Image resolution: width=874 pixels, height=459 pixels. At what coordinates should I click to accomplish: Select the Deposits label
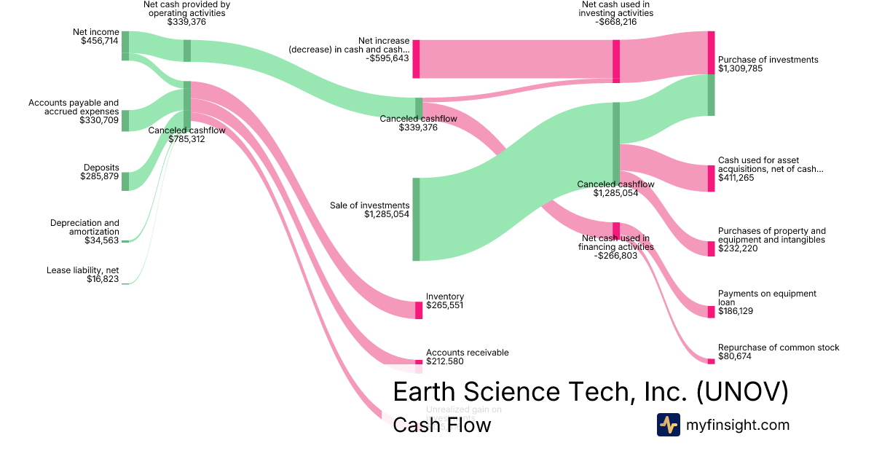click(x=101, y=168)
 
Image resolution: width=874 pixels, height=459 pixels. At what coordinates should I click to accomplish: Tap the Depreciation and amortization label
click(x=84, y=227)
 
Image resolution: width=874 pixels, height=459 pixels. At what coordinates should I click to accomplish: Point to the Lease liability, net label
click(x=83, y=270)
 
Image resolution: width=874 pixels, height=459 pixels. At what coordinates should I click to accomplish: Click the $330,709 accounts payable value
click(x=100, y=120)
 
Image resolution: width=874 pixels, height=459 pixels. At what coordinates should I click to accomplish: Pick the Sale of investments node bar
click(x=417, y=219)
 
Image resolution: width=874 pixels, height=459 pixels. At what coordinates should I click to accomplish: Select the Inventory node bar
click(x=419, y=310)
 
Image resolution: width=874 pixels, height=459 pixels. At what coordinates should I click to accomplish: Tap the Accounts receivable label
click(x=467, y=353)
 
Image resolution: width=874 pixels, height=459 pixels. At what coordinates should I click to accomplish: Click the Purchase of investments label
click(x=768, y=60)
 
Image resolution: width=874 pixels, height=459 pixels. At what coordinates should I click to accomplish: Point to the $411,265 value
click(x=736, y=178)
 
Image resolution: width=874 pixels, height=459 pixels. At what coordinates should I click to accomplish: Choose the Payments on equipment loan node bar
click(x=711, y=312)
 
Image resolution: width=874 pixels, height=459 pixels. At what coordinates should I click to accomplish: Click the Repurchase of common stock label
click(x=778, y=348)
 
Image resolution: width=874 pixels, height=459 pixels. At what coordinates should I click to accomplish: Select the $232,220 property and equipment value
click(x=736, y=248)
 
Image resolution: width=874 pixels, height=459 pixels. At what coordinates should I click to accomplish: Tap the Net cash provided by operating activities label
click(x=186, y=9)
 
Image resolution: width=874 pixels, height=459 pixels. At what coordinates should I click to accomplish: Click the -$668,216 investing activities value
click(x=618, y=22)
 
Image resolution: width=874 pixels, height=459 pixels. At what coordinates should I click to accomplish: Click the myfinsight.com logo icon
click(x=668, y=425)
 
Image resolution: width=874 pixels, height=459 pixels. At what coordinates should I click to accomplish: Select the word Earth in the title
click(x=424, y=392)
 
